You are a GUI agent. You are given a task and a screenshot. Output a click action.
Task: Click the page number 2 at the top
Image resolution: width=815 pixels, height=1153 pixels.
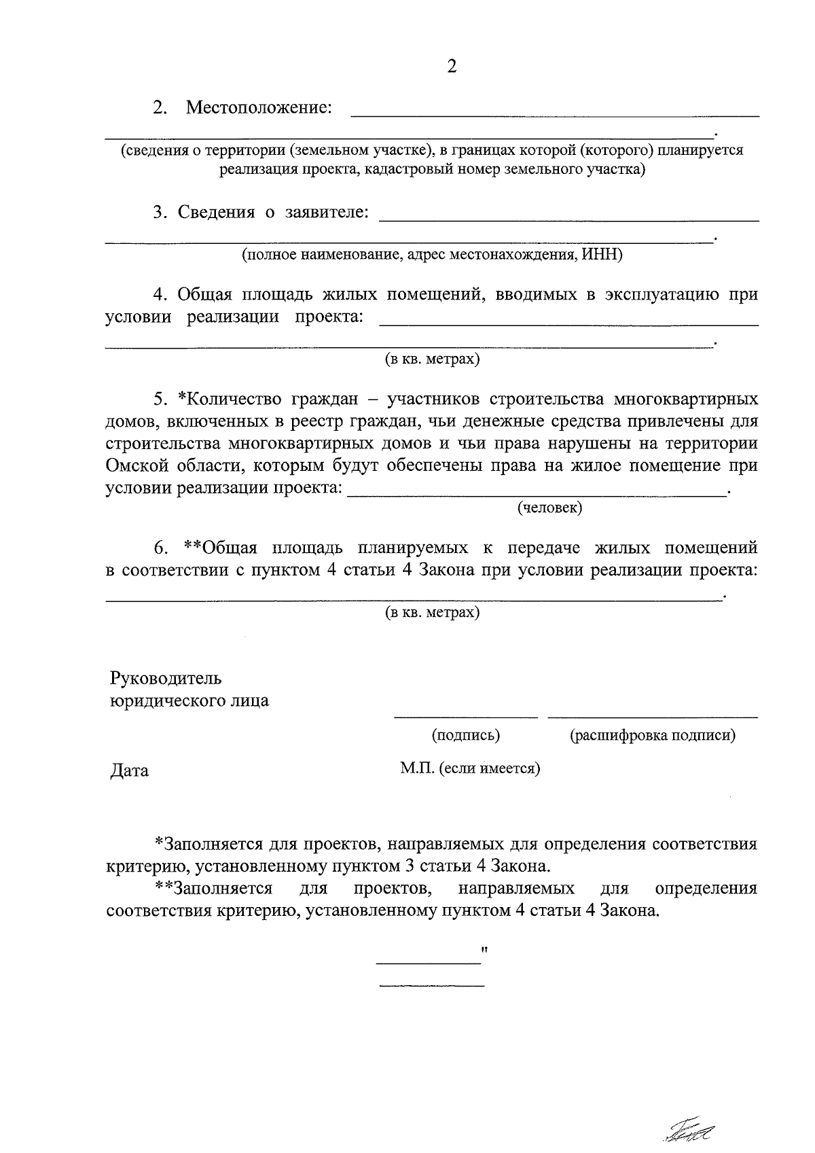(452, 67)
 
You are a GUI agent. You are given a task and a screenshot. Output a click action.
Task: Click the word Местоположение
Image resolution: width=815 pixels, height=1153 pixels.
(259, 108)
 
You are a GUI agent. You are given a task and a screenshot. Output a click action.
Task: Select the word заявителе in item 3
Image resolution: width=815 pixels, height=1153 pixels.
(327, 213)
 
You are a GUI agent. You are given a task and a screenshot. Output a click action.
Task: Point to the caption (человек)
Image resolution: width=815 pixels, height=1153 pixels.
(549, 508)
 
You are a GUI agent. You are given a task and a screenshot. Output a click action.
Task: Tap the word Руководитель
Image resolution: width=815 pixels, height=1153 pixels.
(166, 679)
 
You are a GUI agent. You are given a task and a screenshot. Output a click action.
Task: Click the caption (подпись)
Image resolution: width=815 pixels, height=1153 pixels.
(466, 734)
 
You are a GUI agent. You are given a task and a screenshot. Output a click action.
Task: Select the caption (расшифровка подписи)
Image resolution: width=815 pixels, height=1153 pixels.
(653, 734)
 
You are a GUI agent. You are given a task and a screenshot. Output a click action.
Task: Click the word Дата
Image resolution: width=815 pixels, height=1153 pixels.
(129, 771)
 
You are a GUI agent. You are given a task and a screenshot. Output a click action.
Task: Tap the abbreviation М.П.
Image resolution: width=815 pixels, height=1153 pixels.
(417, 768)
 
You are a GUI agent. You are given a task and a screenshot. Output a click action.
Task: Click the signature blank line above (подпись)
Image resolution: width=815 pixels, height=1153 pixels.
(466, 716)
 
